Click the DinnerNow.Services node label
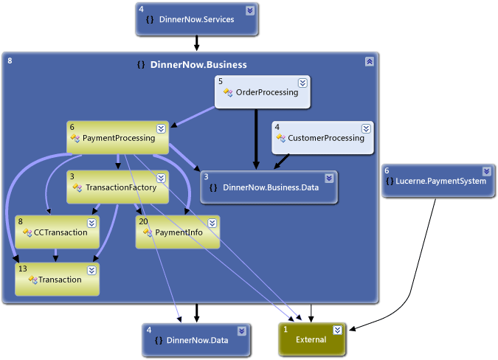click(196, 20)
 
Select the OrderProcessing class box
click(263, 93)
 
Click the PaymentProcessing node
click(118, 138)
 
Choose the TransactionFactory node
click(118, 187)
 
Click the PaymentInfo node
click(178, 232)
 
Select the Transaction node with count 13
click(57, 280)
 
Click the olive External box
click(311, 339)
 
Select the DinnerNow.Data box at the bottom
click(197, 340)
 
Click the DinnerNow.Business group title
click(198, 65)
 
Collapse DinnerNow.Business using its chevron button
click(369, 62)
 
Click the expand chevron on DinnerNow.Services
click(249, 10)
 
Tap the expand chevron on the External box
click(337, 330)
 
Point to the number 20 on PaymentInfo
click(143, 221)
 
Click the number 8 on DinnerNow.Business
click(10, 60)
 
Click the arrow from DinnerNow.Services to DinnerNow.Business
click(196, 44)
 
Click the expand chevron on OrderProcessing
click(302, 83)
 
